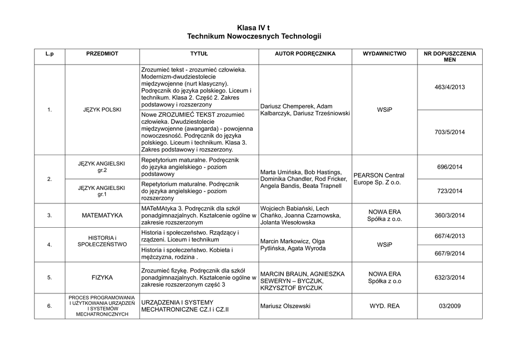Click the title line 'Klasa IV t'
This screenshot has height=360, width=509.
254,28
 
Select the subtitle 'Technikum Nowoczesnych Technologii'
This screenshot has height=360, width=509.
254,37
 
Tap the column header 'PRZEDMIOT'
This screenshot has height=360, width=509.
102,53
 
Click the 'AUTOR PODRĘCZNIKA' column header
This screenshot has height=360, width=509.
305,53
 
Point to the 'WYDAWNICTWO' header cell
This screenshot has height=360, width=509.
384,53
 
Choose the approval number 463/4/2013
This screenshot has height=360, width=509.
450,87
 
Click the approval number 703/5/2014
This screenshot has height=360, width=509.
450,132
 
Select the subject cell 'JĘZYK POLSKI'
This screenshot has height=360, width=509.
102,109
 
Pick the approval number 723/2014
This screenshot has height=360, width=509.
450,191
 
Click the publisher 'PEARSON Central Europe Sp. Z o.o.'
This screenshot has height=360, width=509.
379,179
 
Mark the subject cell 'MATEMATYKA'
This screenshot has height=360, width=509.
102,215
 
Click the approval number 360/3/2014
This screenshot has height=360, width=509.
450,215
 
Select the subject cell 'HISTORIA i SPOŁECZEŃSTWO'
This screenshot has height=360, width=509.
102,241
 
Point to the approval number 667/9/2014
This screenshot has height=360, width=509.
450,253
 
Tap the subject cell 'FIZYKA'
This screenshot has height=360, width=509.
102,277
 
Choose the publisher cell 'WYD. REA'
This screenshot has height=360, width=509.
384,306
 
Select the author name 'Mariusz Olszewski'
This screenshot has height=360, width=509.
285,306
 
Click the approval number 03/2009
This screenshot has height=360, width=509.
450,306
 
